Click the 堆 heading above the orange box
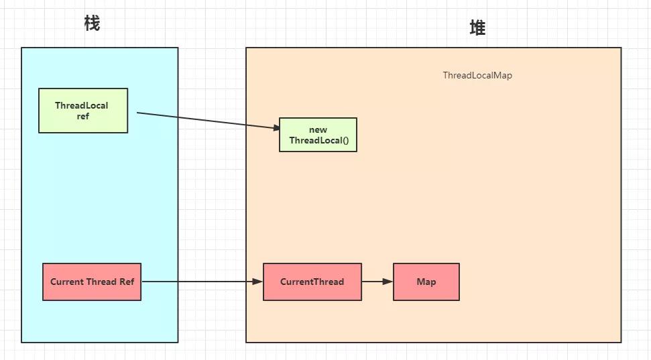[x=477, y=28]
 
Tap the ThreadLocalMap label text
[x=477, y=75]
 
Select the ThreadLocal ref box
[x=83, y=111]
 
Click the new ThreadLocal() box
[x=318, y=135]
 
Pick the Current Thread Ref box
[x=92, y=282]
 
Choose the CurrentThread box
[x=312, y=282]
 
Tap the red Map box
[x=426, y=282]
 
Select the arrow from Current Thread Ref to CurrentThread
[x=201, y=282]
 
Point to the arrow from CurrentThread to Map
[x=376, y=282]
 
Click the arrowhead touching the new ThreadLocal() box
[x=274, y=127]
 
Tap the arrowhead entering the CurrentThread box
[x=257, y=282]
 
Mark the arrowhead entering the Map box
[x=388, y=282]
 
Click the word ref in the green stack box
[x=82, y=116]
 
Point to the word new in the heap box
[x=318, y=129]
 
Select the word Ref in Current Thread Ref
[x=127, y=282]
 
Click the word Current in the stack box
[x=67, y=282]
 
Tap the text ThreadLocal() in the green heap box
[x=318, y=141]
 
